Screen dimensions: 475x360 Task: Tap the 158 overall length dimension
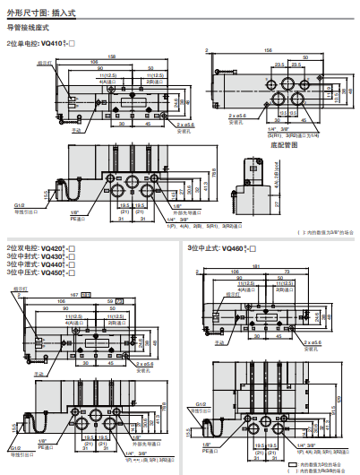coord(112,56)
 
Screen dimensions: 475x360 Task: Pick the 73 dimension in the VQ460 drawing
coord(284,271)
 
